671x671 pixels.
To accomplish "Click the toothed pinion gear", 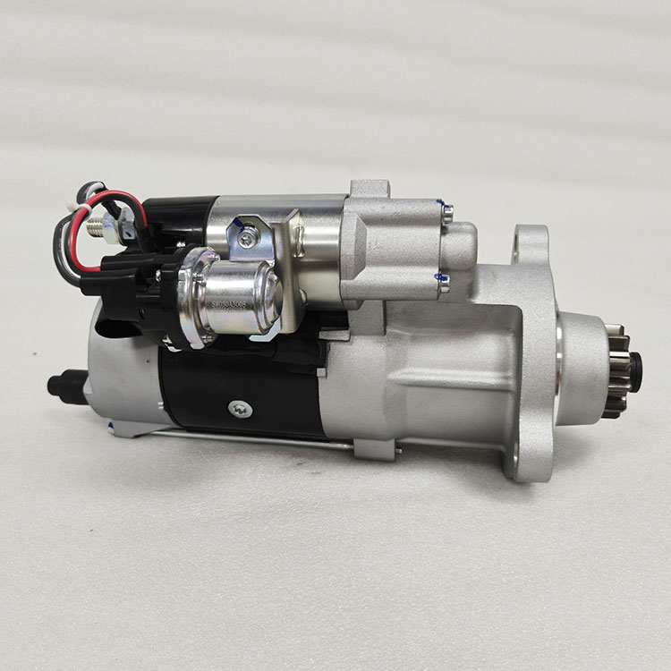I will [x=615, y=376].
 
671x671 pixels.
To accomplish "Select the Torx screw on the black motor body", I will [x=239, y=409].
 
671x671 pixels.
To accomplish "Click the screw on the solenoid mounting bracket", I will [x=246, y=237].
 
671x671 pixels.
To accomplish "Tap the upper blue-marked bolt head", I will [x=446, y=212].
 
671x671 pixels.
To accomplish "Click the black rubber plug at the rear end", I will [x=63, y=386].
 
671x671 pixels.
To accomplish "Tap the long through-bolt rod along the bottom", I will [x=251, y=437].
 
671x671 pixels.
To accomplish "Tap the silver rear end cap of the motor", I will [x=121, y=376].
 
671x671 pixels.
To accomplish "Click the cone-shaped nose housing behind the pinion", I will [x=577, y=367].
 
